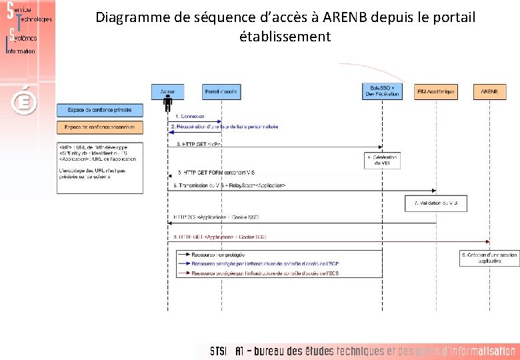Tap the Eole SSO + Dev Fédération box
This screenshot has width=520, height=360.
(x=383, y=91)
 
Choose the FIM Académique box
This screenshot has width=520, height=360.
(x=436, y=91)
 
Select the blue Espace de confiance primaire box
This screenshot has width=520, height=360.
(x=99, y=109)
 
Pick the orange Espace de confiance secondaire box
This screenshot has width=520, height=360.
(x=99, y=127)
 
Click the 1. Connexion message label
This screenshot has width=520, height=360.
(x=190, y=117)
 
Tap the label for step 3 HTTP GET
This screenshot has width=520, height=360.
(x=199, y=143)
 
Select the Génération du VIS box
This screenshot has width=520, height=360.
(x=382, y=160)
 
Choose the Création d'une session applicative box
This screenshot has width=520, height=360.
(x=490, y=258)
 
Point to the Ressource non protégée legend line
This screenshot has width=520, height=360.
(x=213, y=255)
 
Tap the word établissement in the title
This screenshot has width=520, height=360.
(x=285, y=37)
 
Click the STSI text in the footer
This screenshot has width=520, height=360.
(x=218, y=351)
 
